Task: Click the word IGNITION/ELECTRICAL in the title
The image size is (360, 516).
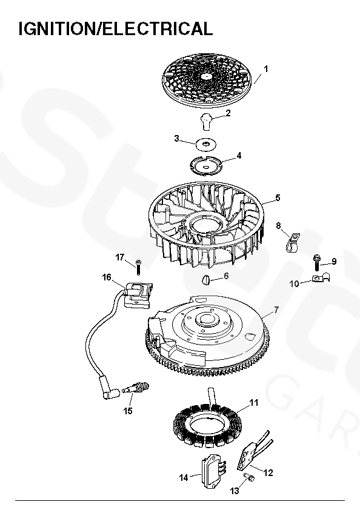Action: pos(116,28)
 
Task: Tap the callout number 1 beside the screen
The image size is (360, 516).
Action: pos(266,69)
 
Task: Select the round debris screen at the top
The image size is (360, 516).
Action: pos(207,81)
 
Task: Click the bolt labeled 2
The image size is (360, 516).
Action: pos(207,121)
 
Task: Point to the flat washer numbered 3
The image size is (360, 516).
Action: pos(207,144)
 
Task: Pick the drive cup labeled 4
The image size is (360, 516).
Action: pos(206,164)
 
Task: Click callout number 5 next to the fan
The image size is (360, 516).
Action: pos(278,198)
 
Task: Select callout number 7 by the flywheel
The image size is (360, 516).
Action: pos(276,309)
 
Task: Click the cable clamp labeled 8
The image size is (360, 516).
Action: pos(293,242)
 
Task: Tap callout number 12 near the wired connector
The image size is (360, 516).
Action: pos(268,473)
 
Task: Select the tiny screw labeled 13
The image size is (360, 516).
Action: pos(249,477)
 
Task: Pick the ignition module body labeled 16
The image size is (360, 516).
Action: pos(138,295)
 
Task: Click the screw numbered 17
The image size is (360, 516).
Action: pos(138,267)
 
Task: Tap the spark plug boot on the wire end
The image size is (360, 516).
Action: pos(108,389)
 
